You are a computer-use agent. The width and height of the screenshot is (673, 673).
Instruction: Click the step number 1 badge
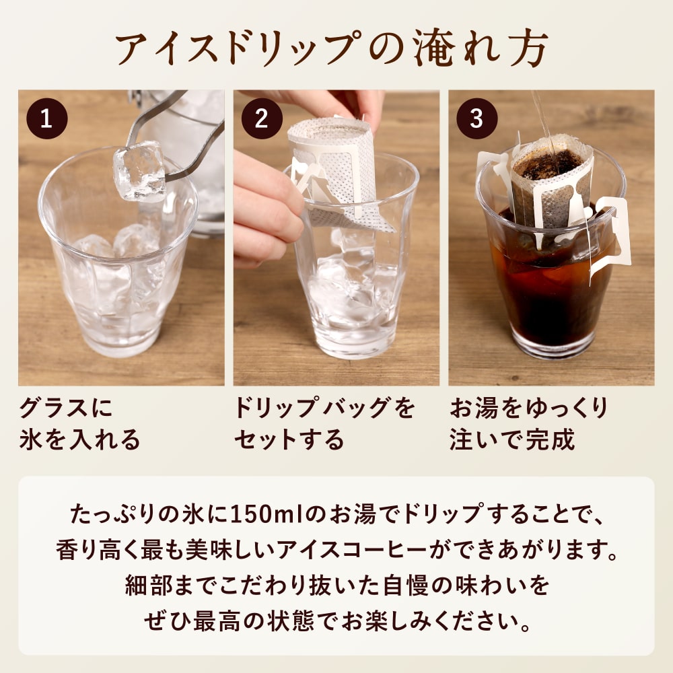46,118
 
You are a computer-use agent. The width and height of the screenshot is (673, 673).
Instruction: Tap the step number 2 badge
262,118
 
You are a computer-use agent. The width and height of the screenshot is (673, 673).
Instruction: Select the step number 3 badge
477,118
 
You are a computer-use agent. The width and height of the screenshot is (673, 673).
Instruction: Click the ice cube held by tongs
139,171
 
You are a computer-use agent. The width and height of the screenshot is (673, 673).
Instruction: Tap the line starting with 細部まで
336,586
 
